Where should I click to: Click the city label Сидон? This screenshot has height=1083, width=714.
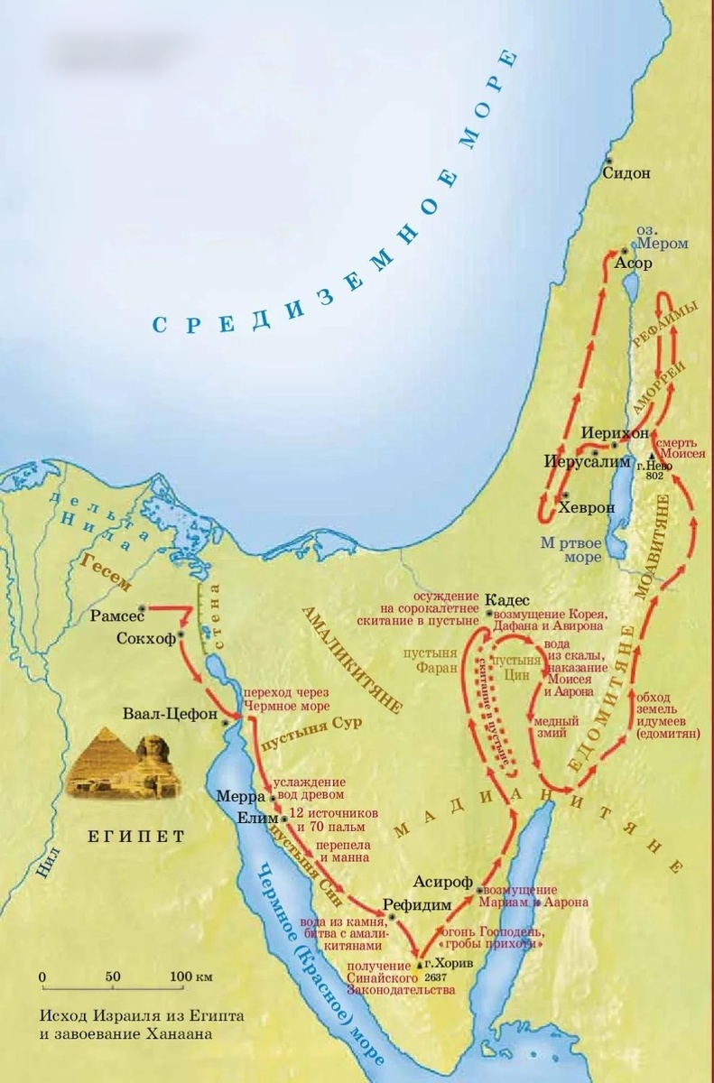coord(625,173)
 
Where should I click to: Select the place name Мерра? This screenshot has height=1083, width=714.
coord(238,798)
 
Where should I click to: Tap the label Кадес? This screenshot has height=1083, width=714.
coord(505,600)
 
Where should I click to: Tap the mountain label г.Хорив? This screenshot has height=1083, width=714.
coord(449,963)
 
